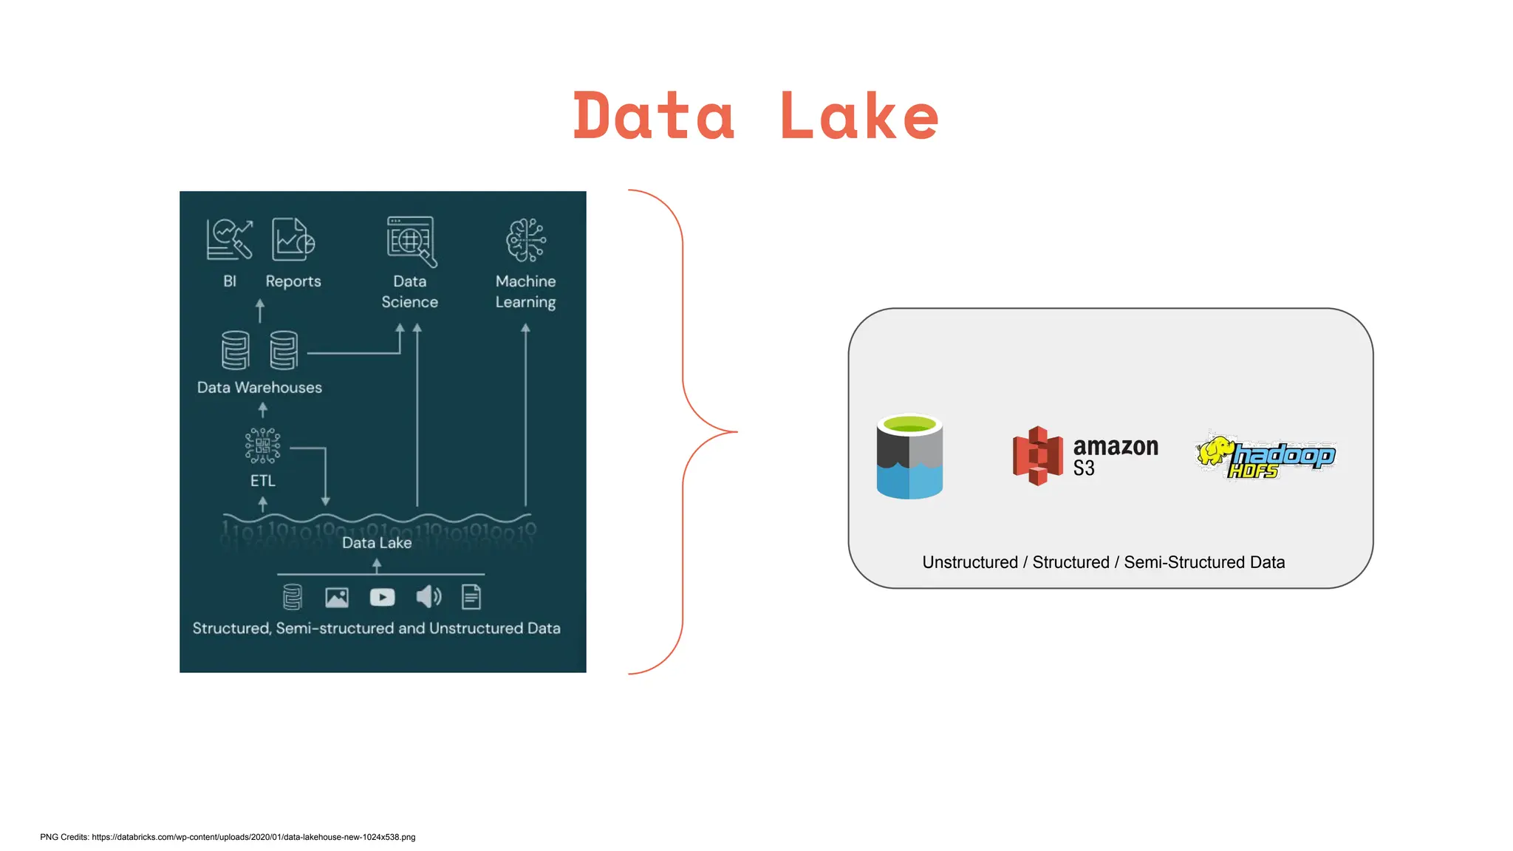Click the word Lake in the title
click(858, 116)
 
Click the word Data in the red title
click(655, 116)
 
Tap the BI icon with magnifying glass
click(229, 239)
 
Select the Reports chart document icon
click(293, 239)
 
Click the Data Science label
click(409, 291)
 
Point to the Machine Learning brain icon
click(525, 239)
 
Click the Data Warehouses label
click(259, 387)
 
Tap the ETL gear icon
click(262, 445)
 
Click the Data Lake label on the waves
click(377, 542)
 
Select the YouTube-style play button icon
click(382, 597)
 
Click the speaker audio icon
click(428, 596)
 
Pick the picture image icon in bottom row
click(337, 597)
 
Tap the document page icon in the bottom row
click(471, 597)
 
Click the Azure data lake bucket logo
click(909, 457)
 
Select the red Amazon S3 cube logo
click(1037, 456)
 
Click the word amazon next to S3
click(1115, 446)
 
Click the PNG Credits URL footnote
click(228, 837)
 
